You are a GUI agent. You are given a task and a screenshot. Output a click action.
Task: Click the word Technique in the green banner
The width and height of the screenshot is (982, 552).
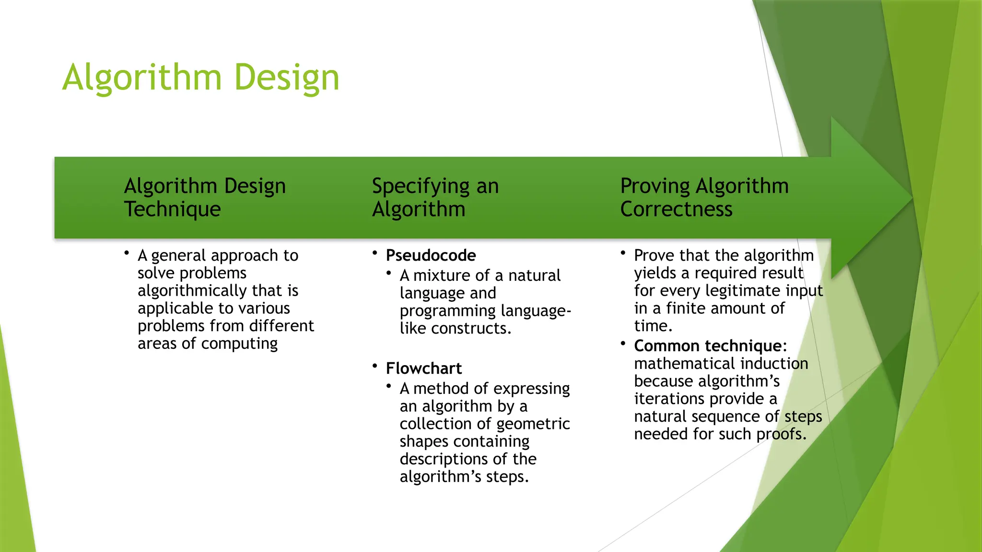[173, 209]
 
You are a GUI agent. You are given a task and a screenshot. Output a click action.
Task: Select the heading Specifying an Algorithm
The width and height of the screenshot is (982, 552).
[435, 197]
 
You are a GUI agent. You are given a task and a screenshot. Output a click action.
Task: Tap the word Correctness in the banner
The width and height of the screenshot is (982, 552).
[676, 209]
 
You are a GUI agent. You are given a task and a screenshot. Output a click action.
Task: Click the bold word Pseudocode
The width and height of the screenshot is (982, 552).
[431, 255]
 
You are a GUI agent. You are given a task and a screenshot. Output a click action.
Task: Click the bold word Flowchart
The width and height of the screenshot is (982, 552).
[423, 368]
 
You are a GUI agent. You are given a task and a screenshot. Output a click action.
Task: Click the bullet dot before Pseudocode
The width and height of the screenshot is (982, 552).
[375, 253]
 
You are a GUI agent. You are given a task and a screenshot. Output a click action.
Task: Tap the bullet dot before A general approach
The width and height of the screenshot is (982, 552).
[127, 253]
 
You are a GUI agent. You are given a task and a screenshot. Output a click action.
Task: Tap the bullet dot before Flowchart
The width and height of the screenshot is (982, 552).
[375, 366]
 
